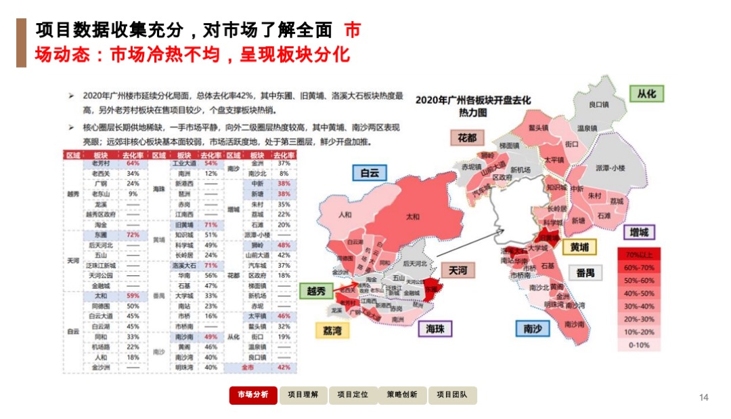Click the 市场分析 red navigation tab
click(253, 395)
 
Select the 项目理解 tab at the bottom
click(303, 395)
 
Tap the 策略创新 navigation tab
click(402, 395)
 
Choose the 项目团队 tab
click(452, 395)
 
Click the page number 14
click(703, 397)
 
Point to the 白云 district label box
click(370, 173)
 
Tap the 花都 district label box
click(468, 138)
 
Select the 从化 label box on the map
click(646, 94)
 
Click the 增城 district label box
click(639, 233)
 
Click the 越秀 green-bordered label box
click(316, 292)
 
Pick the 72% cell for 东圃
click(133, 235)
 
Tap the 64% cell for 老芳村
click(133, 163)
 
